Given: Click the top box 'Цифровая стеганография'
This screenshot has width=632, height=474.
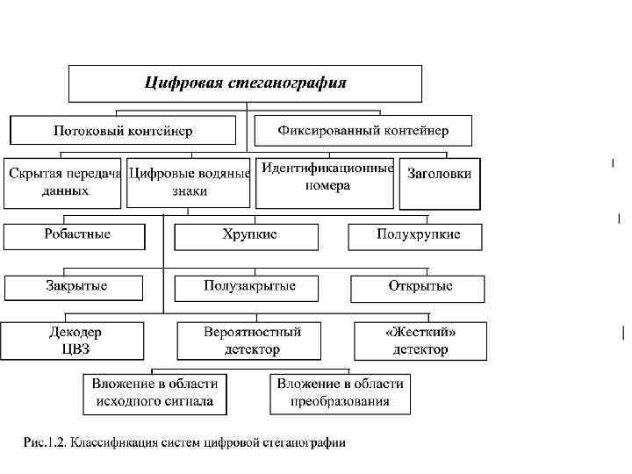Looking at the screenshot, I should (x=246, y=84).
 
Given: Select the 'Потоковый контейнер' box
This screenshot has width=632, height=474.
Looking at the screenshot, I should (x=123, y=131).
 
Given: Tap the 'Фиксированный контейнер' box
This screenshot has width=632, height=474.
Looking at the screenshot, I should (x=363, y=131).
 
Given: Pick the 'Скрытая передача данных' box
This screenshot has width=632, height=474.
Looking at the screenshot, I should (x=64, y=182).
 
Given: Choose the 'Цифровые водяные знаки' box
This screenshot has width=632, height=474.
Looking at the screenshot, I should (x=190, y=182).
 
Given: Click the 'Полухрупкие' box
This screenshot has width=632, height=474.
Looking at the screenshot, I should (x=416, y=235).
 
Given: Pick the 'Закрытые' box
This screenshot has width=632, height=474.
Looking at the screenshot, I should (x=76, y=287).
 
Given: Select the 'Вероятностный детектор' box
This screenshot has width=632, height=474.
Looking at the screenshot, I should (x=252, y=341).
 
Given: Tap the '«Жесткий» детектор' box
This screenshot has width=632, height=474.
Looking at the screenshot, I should (x=420, y=341).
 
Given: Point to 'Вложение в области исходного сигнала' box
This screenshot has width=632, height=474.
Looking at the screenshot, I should (x=154, y=394).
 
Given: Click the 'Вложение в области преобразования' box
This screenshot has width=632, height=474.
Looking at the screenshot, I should (x=341, y=394).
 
